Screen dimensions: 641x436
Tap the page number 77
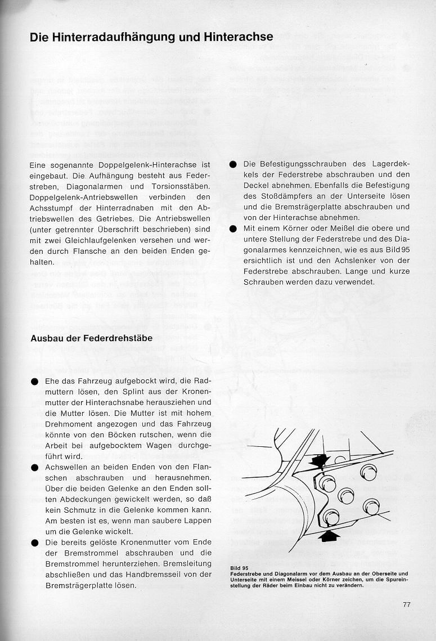tap(407, 604)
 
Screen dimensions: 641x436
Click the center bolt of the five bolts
tap(345, 496)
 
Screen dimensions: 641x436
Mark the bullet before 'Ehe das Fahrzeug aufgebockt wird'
tap(35, 382)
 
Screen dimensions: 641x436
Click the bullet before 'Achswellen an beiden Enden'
tap(35, 468)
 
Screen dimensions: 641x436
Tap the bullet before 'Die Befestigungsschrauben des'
tap(233, 164)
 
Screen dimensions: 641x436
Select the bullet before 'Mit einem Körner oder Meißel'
tap(233, 229)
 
